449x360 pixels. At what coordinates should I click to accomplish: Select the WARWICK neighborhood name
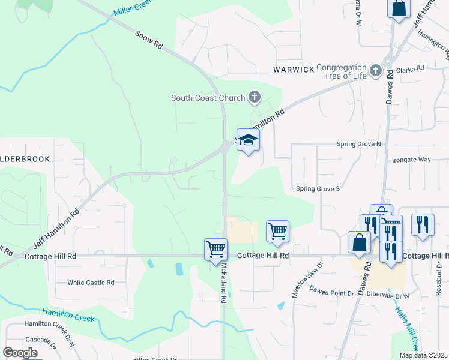[x=294, y=70]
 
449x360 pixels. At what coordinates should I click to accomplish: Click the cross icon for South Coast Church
[x=255, y=97]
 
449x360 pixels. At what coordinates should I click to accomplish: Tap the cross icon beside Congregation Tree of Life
[x=376, y=71]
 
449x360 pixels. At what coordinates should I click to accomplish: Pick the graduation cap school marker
[x=248, y=140]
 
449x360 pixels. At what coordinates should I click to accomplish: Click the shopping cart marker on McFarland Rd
[x=215, y=248]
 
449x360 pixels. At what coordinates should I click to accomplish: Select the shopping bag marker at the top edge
[x=399, y=8]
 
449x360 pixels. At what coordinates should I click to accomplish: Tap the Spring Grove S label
[x=318, y=188]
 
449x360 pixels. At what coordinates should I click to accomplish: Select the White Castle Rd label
[x=91, y=282]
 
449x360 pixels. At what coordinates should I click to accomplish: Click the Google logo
[x=20, y=353]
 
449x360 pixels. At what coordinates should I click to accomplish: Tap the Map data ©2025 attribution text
[x=423, y=355]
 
